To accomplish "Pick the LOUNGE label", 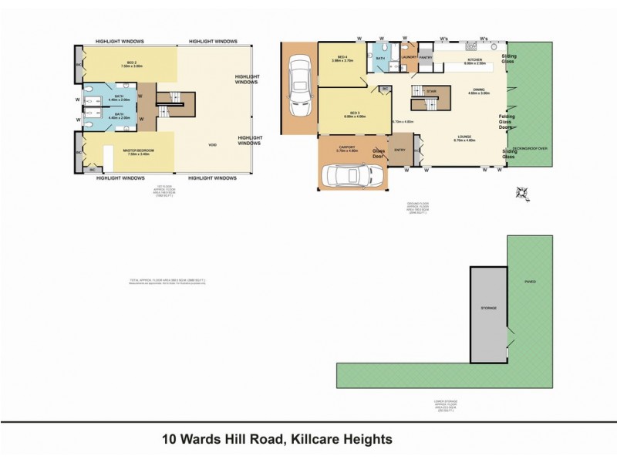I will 464,139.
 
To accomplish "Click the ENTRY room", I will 400,150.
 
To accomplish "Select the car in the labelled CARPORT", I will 352,174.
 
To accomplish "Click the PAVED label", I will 530,282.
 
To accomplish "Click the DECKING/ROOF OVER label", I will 531,147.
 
